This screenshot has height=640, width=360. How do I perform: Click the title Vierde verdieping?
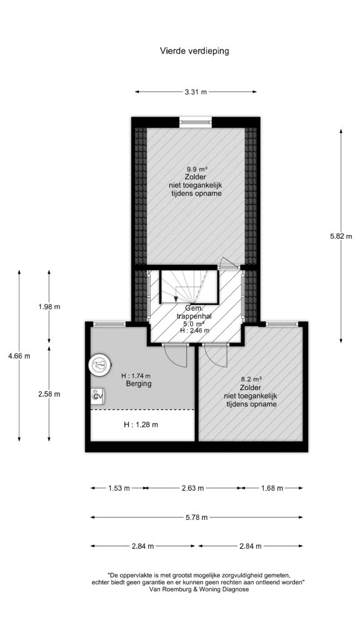[194, 51]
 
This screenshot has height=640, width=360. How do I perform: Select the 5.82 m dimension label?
[341, 236]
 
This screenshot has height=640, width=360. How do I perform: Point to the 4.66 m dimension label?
[19, 356]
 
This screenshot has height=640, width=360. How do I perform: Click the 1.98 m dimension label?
[49, 307]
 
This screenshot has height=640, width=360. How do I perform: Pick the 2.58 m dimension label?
[49, 394]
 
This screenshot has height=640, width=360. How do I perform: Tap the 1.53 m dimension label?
[118, 487]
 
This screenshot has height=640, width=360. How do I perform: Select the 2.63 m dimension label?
[193, 487]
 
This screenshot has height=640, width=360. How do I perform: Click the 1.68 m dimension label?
[272, 487]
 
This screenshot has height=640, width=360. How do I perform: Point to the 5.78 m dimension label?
[196, 517]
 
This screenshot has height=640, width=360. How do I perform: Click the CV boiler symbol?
[97, 396]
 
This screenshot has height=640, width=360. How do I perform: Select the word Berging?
[139, 384]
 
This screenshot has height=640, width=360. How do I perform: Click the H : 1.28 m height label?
[141, 424]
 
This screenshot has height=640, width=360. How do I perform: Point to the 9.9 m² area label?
[197, 169]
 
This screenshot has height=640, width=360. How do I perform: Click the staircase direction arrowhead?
[176, 299]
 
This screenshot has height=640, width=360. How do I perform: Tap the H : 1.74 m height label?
[136, 376]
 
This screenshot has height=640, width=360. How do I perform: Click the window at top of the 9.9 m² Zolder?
[196, 121]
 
